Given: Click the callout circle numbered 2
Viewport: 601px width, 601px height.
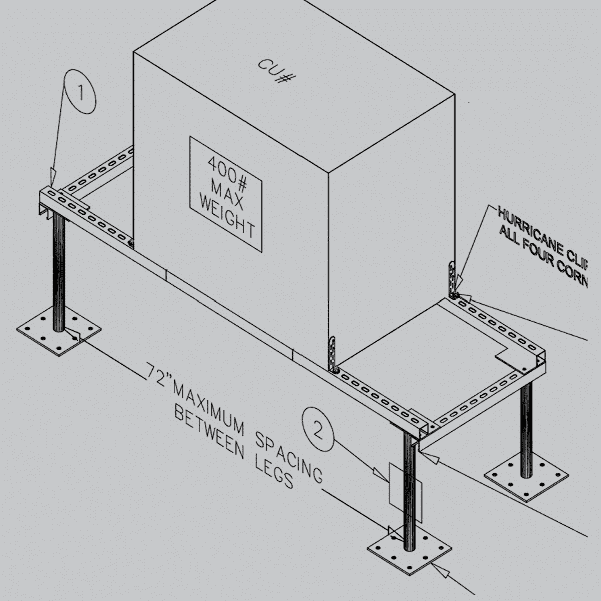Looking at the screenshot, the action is (x=318, y=429).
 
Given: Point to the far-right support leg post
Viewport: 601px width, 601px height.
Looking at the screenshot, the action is (x=526, y=430).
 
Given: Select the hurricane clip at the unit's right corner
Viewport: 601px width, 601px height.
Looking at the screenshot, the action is (x=453, y=280).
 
